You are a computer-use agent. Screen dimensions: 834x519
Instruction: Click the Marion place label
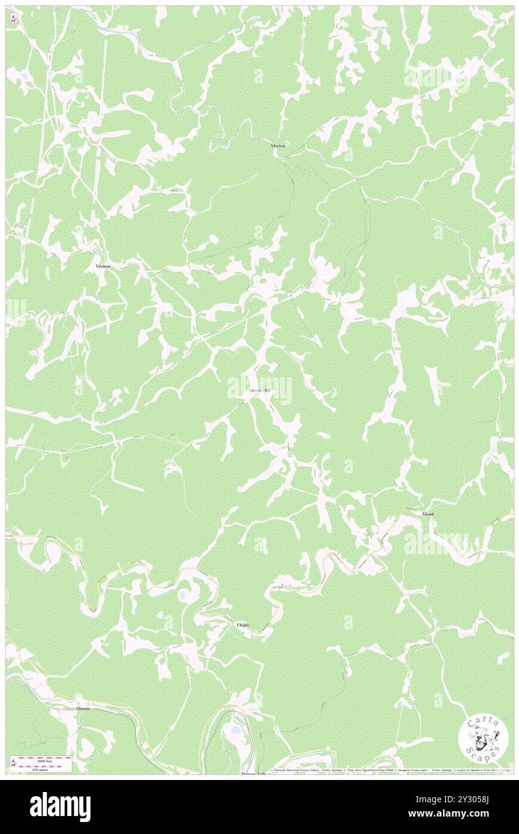277,146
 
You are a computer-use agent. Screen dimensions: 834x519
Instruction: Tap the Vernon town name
103,265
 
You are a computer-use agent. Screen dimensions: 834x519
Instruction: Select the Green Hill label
260,391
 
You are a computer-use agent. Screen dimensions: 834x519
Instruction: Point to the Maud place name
427,514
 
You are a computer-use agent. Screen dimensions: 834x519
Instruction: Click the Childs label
243,625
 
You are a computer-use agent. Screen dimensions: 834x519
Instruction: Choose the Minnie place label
83,709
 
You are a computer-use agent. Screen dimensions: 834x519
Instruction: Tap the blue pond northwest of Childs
182,595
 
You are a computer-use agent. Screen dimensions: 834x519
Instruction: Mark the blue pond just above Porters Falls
233,730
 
